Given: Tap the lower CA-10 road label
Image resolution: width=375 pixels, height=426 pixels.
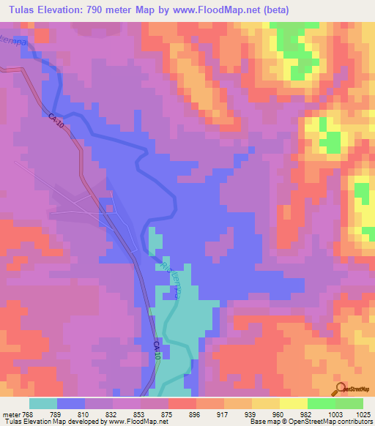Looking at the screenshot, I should pos(157,350).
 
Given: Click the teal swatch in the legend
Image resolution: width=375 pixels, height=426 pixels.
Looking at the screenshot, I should pos(43,403).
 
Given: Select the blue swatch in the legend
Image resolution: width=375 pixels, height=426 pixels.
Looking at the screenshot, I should pos(71,403).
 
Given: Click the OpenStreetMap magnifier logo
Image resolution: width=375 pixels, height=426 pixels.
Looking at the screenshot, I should pos(341,389).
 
